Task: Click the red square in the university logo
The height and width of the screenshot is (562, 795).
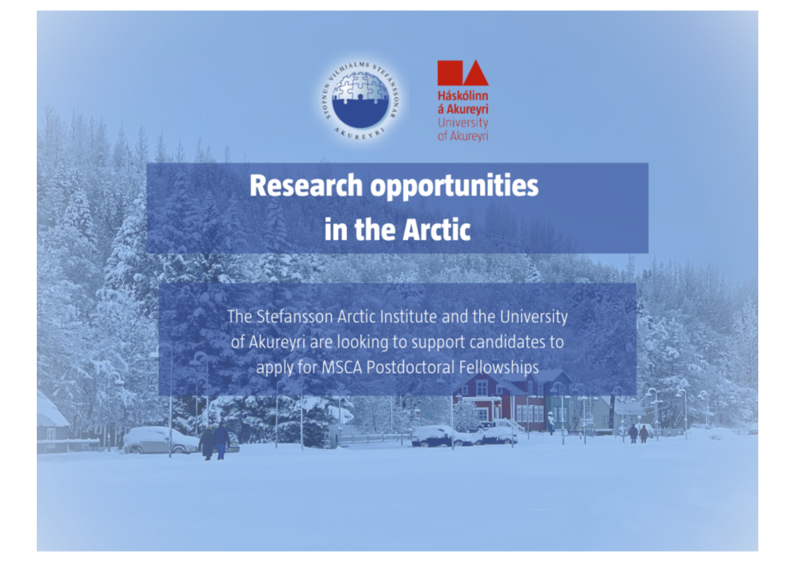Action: pos(450,73)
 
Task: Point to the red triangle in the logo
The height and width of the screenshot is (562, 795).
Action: pos(476,74)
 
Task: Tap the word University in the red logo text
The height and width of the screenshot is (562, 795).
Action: pos(462,123)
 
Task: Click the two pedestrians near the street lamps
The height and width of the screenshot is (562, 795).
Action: pos(637,433)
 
